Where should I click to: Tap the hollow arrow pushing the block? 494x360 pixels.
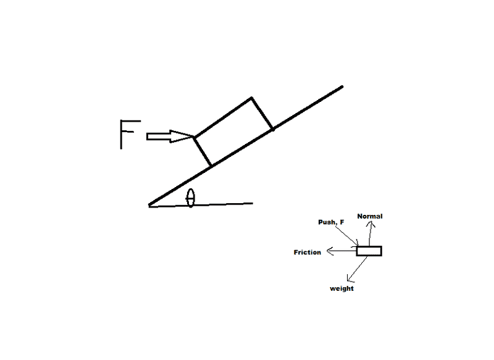169,136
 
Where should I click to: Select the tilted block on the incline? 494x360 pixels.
233,132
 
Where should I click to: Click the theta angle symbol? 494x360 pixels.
191,198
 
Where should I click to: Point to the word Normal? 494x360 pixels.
371,216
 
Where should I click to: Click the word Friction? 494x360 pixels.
307,252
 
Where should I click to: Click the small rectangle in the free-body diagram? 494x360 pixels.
369,251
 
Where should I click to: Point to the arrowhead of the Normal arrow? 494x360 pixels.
371,224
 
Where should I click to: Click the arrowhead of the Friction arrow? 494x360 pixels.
330,251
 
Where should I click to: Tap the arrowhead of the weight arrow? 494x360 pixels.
349,278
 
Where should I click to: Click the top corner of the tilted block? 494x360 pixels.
251,98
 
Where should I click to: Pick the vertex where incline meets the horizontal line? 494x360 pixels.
149,205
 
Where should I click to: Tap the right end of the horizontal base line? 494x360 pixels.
252,203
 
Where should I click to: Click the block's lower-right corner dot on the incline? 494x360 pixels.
272,130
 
